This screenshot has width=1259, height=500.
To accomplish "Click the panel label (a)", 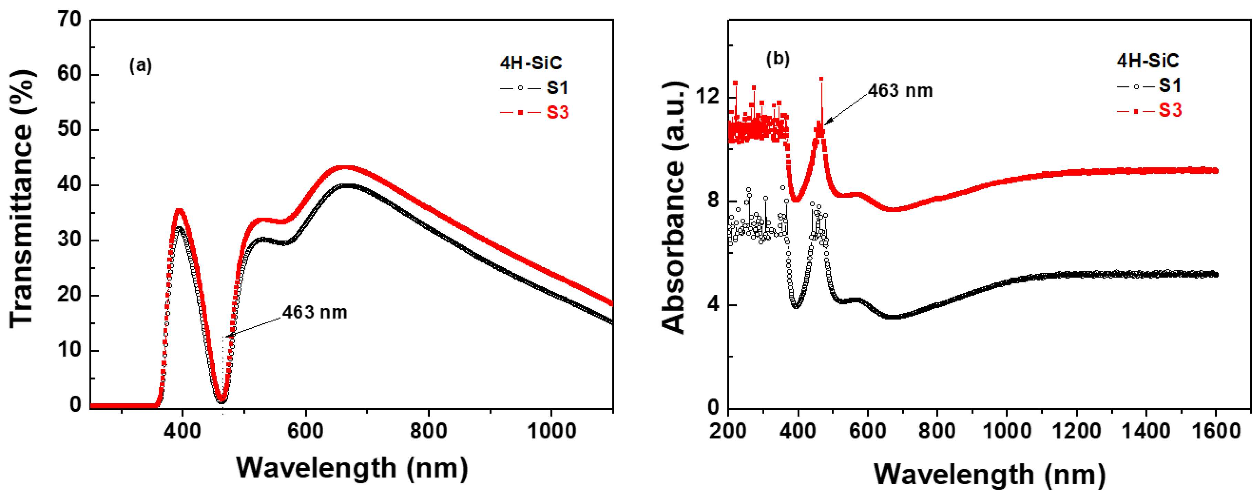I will click(x=140, y=65).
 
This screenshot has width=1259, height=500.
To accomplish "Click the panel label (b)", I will click(x=778, y=59).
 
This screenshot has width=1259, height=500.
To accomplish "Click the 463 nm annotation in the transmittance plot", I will click(x=315, y=312).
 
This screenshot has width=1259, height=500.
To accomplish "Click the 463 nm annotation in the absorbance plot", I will click(x=900, y=91).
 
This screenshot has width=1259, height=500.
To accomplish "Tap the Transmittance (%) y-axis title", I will click(x=22, y=198).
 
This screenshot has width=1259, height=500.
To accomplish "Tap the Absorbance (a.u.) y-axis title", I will click(x=673, y=208).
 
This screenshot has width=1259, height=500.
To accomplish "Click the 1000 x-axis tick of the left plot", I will click(x=552, y=431).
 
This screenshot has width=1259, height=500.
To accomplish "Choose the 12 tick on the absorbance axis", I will click(x=708, y=97).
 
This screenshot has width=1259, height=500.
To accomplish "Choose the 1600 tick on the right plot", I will click(x=1216, y=431).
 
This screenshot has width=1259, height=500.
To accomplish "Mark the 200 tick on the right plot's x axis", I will click(x=728, y=431).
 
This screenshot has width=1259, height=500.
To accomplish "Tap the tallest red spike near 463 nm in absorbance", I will click(x=821, y=79).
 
